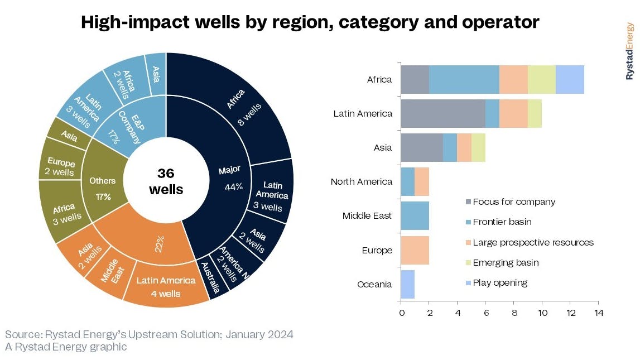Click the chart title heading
pos(310,22)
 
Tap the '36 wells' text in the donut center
pos(166,181)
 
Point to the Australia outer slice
pos(211,279)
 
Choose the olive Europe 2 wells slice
pos(59,167)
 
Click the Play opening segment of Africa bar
pos(570,79)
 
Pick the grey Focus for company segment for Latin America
pos(443,113)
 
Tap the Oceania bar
pos(408,284)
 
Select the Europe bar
pos(415,250)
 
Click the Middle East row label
pos(367,216)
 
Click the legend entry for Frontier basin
pos(502,222)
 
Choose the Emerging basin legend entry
pos(506,262)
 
